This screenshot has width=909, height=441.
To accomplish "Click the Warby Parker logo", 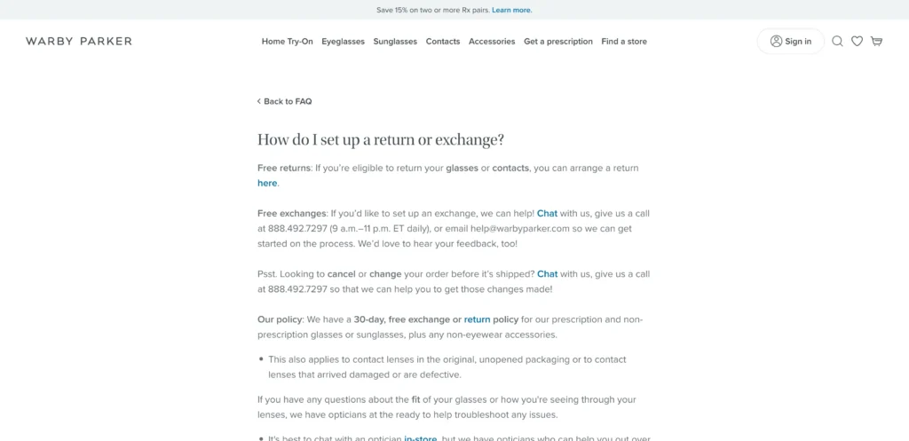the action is [x=79, y=41].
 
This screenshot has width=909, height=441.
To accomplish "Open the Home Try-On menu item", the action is [x=287, y=42].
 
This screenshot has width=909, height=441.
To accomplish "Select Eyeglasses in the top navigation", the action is [x=343, y=42].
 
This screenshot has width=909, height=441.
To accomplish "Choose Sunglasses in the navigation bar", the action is [x=395, y=42].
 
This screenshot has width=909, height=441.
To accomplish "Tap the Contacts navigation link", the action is [x=443, y=42].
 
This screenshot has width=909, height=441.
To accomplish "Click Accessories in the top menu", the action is [x=492, y=42].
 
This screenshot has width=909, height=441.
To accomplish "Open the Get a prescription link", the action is [x=558, y=42].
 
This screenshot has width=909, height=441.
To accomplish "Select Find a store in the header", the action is [x=624, y=42].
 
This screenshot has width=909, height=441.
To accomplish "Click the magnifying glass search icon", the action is [x=837, y=41].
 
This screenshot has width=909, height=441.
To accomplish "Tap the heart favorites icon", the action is [x=857, y=41].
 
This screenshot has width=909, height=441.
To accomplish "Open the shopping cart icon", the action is [x=876, y=41].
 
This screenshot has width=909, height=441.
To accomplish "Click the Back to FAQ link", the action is [x=285, y=101].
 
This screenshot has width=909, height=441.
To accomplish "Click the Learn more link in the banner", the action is [x=511, y=10].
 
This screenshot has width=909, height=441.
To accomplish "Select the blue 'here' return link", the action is [x=267, y=183].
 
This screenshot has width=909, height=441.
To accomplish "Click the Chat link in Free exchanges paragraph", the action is [x=547, y=213].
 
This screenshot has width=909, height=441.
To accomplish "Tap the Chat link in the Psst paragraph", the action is [x=547, y=274].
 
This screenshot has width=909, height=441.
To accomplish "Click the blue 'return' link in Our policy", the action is [x=477, y=319].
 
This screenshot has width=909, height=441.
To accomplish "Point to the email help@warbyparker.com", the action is [x=519, y=228].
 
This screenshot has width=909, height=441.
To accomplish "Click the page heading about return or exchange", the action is [x=381, y=139].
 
